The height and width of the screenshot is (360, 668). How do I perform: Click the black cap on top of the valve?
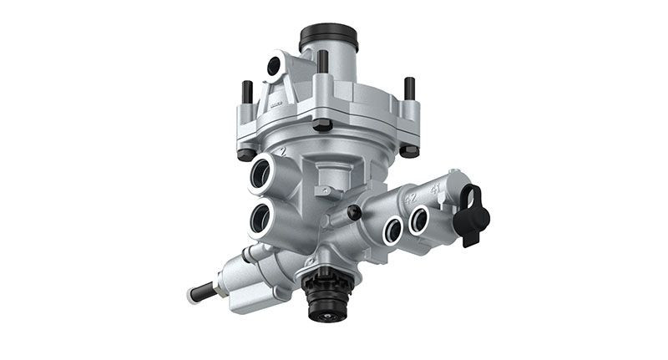(x=329, y=37)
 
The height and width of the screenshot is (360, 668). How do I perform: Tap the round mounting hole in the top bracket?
(x=274, y=66)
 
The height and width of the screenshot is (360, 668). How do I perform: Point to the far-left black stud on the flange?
(x=247, y=94)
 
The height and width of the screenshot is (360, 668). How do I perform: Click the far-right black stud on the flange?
(x=409, y=89)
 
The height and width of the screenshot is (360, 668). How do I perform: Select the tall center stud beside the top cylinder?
(x=321, y=63)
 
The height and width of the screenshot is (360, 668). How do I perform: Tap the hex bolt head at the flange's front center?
(x=322, y=125)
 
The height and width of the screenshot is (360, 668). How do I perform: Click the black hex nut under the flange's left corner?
(x=245, y=155)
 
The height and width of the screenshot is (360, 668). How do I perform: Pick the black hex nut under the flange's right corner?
(x=409, y=150)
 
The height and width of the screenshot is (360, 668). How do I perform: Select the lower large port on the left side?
(x=261, y=219)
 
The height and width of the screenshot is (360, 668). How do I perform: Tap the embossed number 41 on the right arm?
(x=434, y=190)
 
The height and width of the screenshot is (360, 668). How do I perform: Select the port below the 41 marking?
(x=418, y=220)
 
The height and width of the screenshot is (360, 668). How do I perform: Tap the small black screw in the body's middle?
(x=354, y=213)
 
